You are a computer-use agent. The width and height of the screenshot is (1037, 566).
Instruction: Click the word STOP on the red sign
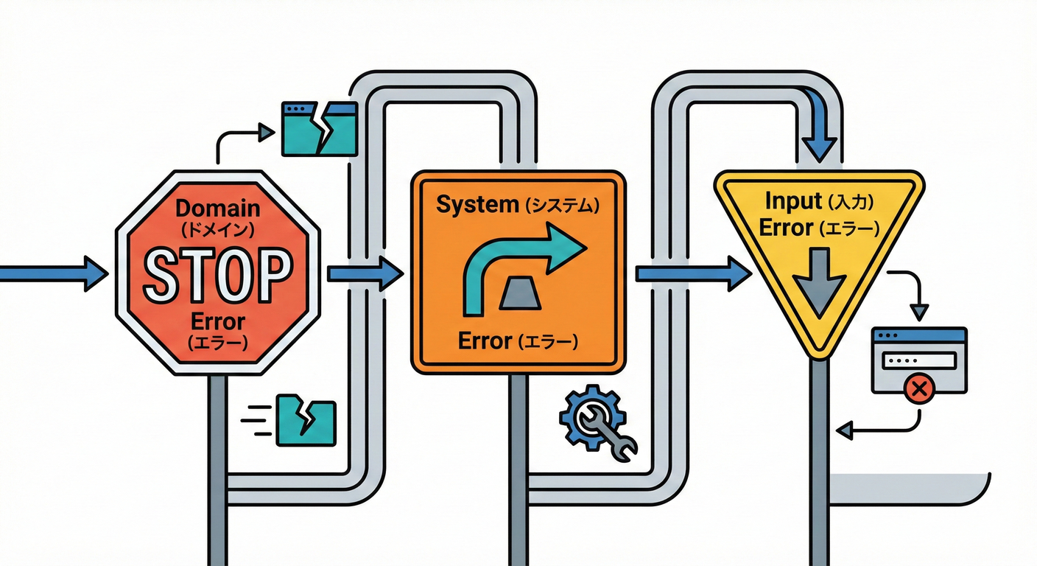[x=217, y=276]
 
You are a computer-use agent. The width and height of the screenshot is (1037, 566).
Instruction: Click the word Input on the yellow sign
[x=792, y=200]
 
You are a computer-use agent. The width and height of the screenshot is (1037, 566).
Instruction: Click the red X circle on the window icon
[x=918, y=389]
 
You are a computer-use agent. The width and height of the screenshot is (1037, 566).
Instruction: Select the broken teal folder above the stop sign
[x=320, y=129]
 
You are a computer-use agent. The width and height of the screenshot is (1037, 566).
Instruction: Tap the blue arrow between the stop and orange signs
[x=365, y=274]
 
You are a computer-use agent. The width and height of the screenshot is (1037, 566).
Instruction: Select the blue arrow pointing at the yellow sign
[x=692, y=274]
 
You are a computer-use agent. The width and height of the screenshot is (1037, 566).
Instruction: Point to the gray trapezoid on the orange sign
[x=521, y=295]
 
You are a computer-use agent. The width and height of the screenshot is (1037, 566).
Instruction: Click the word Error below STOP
[x=217, y=322]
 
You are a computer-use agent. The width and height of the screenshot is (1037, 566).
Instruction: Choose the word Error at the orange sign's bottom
[x=485, y=340]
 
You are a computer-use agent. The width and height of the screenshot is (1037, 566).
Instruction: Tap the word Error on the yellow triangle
[x=785, y=228]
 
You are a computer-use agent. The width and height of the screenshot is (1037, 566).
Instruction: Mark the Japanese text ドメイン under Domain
[x=217, y=230]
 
